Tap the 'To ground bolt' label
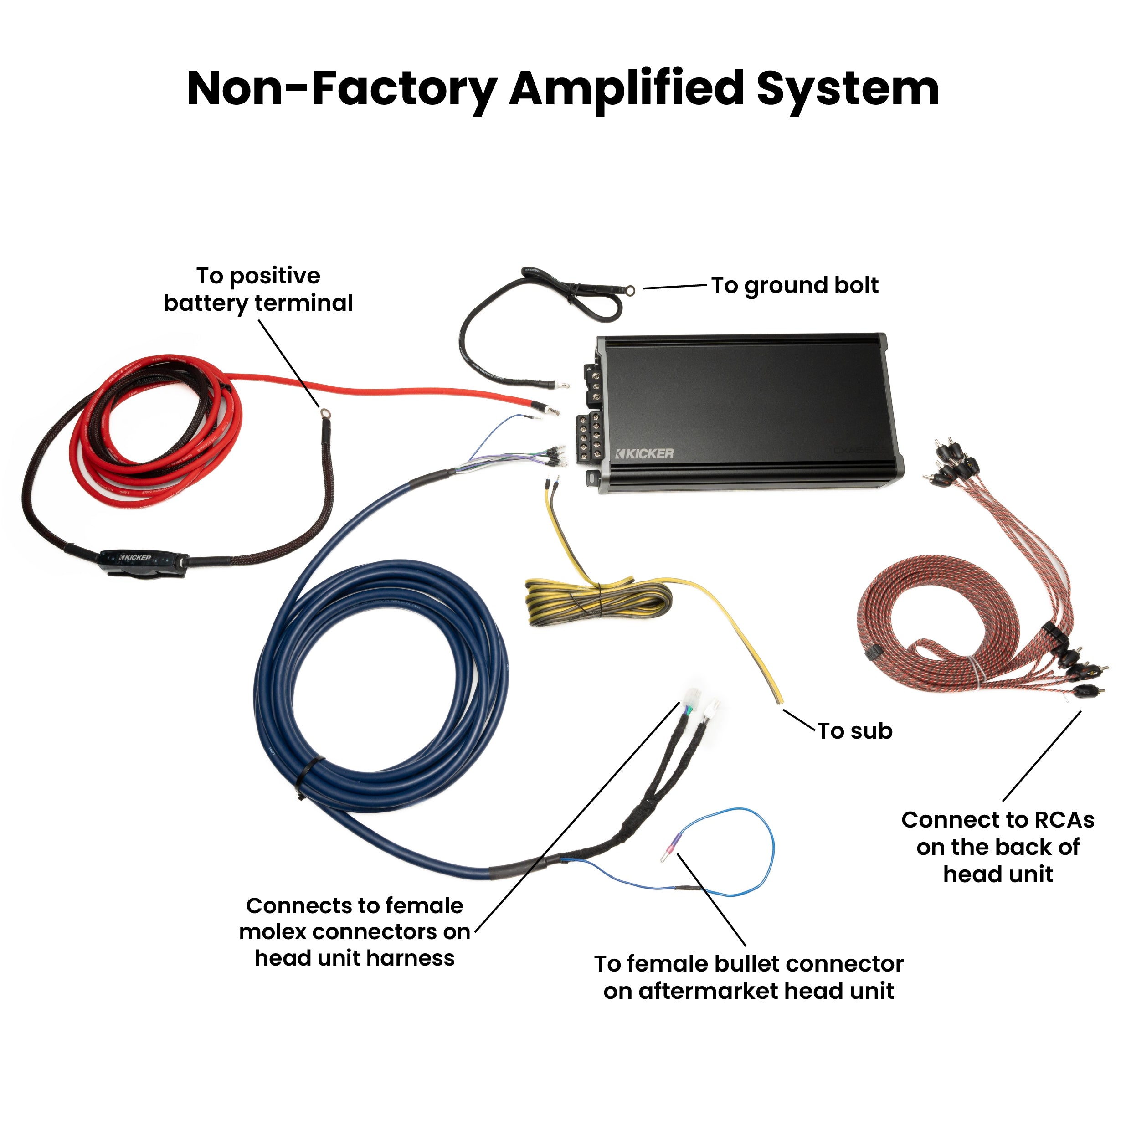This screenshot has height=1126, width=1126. pyautogui.click(x=794, y=286)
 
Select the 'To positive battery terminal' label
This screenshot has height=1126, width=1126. pyautogui.click(x=258, y=290)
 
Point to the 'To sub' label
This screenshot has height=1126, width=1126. pyautogui.click(x=855, y=731)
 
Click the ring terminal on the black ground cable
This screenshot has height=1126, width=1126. pyautogui.click(x=630, y=288)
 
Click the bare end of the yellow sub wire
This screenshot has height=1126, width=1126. pyautogui.click(x=779, y=698)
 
